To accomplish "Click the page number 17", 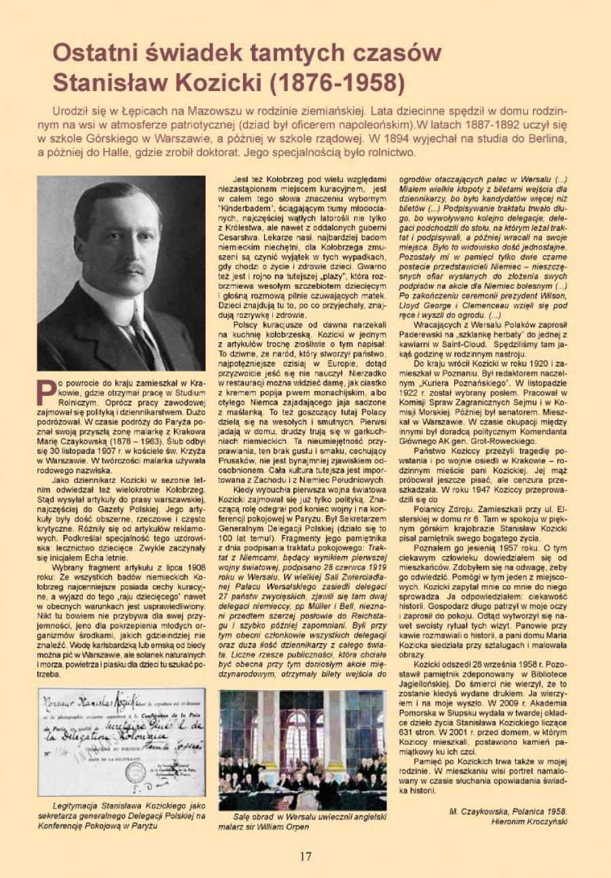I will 305,856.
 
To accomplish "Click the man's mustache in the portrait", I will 132,270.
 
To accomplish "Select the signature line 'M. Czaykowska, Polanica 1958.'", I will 507,811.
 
